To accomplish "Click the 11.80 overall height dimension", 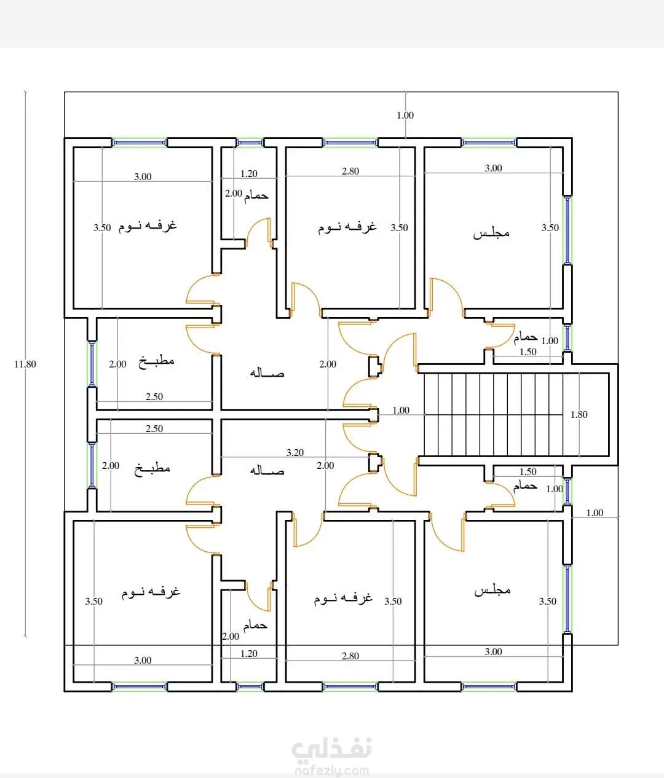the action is pyautogui.click(x=25, y=364).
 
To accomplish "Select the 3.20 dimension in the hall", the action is pyautogui.click(x=295, y=452).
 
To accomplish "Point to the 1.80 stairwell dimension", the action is pyautogui.click(x=579, y=414).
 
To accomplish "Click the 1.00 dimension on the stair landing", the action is pyautogui.click(x=401, y=411).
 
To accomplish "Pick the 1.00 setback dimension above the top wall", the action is pyautogui.click(x=405, y=115).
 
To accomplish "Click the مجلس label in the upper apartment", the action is pyautogui.click(x=491, y=234).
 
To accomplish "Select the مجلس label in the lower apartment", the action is pyautogui.click(x=492, y=590).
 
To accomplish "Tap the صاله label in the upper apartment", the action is pyautogui.click(x=267, y=372).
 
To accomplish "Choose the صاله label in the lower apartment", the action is pyautogui.click(x=267, y=470).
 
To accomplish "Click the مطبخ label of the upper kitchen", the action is pyautogui.click(x=156, y=361).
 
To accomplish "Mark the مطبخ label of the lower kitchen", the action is pyautogui.click(x=152, y=469).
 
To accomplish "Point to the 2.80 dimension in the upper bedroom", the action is pyautogui.click(x=350, y=171).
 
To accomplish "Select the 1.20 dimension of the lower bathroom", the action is pyautogui.click(x=249, y=653).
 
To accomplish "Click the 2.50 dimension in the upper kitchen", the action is pyautogui.click(x=154, y=397).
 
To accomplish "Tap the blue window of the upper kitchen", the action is pyautogui.click(x=92, y=364).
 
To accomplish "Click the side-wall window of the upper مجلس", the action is pyautogui.click(x=567, y=230).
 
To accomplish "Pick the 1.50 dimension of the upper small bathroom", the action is pyautogui.click(x=528, y=352).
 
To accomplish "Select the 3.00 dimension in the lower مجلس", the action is pyautogui.click(x=493, y=651).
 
